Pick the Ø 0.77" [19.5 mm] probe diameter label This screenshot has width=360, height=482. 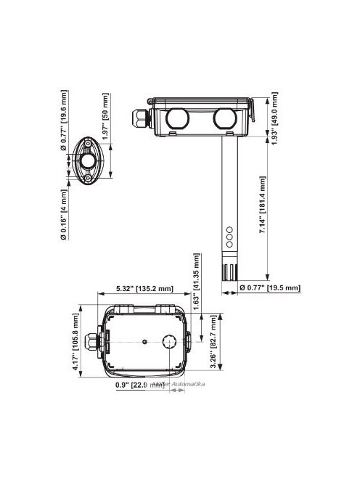269,288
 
